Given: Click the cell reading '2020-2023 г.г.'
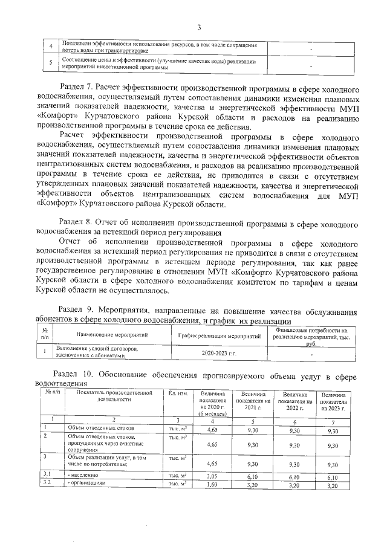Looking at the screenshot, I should (220, 352).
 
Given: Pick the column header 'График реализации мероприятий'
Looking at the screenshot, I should (220, 335).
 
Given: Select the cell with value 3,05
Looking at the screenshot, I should (212, 476).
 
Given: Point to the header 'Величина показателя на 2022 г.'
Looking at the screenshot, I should (293, 401).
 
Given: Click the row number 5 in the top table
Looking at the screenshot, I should (51, 63).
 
